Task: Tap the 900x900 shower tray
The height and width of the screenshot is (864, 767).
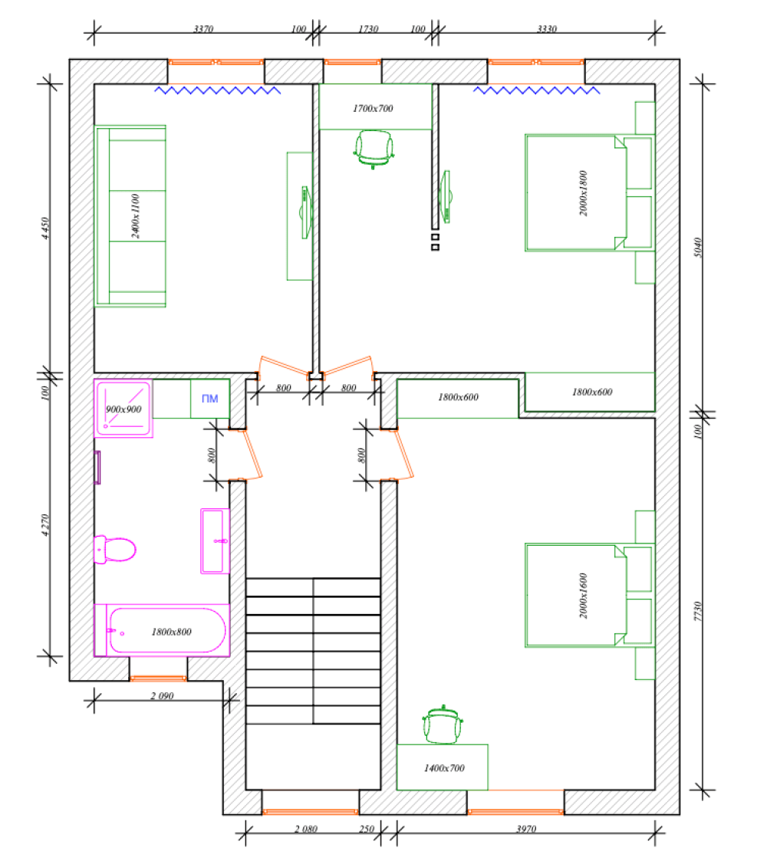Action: [123, 409]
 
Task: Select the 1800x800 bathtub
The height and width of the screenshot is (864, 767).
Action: [162, 630]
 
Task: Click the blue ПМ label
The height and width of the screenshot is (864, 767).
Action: [209, 399]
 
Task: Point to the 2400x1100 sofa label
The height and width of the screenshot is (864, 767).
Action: [136, 216]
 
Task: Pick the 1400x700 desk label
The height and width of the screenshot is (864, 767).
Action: [444, 768]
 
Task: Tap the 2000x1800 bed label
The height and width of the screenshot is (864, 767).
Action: [584, 193]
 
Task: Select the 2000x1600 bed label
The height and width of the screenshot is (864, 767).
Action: [584, 596]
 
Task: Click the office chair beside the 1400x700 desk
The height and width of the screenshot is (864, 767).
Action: [443, 724]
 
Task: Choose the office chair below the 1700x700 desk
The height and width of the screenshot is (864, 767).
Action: [374, 149]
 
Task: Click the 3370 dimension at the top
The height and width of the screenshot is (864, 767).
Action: [203, 28]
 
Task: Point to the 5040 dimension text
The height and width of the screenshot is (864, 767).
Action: [697, 248]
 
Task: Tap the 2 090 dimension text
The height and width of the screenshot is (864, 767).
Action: [162, 696]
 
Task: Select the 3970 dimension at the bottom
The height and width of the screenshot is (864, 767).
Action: [526, 829]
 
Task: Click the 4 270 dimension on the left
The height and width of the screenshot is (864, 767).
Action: [45, 525]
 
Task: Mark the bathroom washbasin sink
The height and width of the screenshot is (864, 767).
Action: [215, 541]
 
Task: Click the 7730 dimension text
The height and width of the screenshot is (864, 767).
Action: [697, 611]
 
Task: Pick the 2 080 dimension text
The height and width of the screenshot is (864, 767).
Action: [306, 829]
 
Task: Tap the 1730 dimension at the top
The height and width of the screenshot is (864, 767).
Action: [368, 28]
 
